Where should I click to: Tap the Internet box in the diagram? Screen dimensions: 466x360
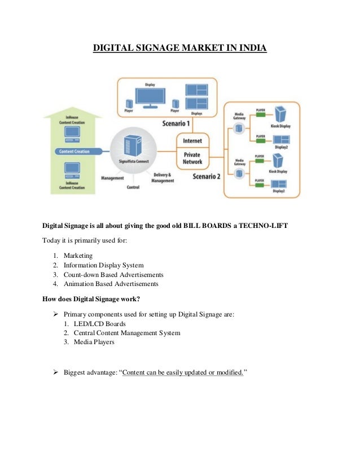coord(192,140)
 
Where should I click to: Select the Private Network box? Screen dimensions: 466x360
coord(192,157)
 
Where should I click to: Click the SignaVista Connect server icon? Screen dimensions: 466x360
coord(133,144)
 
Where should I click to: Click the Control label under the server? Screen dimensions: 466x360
coord(133,187)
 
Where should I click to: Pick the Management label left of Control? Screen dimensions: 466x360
coord(112,178)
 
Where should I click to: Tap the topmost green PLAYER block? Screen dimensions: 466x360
coord(260,115)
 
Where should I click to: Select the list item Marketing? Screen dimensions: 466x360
coord(78,256)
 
